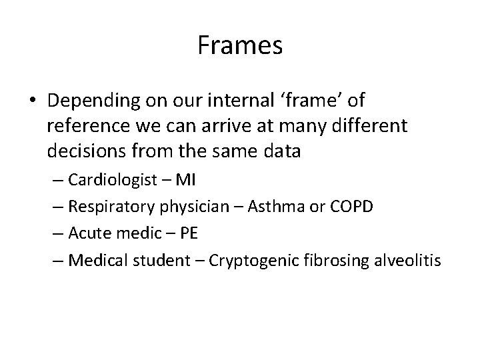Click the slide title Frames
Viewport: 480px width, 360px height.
pos(240,46)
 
